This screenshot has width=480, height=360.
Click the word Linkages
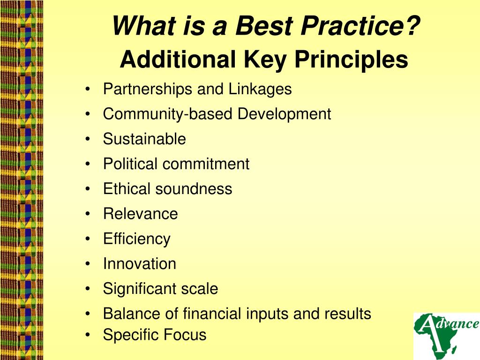(x=260, y=89)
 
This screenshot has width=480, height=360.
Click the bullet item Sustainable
(x=144, y=139)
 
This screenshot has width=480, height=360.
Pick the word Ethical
(x=127, y=189)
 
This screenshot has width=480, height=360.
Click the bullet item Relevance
(x=141, y=214)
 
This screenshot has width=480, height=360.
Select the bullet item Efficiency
(x=137, y=239)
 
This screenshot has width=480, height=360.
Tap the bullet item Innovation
(x=140, y=264)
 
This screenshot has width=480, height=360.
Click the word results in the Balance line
(x=347, y=314)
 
